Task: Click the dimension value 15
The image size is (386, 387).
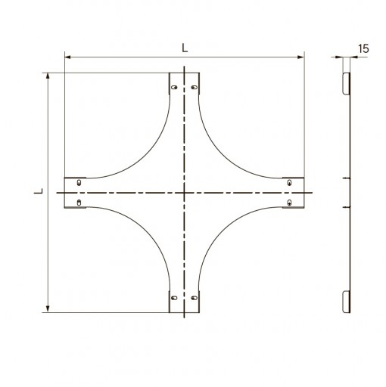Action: [x=363, y=48]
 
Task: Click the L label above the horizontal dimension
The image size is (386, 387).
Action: [x=185, y=48]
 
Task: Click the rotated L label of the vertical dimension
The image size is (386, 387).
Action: [x=39, y=191]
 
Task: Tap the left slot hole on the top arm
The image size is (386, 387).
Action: [x=174, y=88]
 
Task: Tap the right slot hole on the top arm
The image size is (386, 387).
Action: [x=195, y=88]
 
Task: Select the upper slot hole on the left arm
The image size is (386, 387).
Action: [x=79, y=182]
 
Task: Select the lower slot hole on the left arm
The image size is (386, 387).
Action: [x=79, y=203]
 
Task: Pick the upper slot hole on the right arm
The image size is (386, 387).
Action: [x=289, y=182]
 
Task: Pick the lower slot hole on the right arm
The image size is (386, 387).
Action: [x=289, y=203]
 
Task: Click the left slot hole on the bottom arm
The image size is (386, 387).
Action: [x=174, y=298]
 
